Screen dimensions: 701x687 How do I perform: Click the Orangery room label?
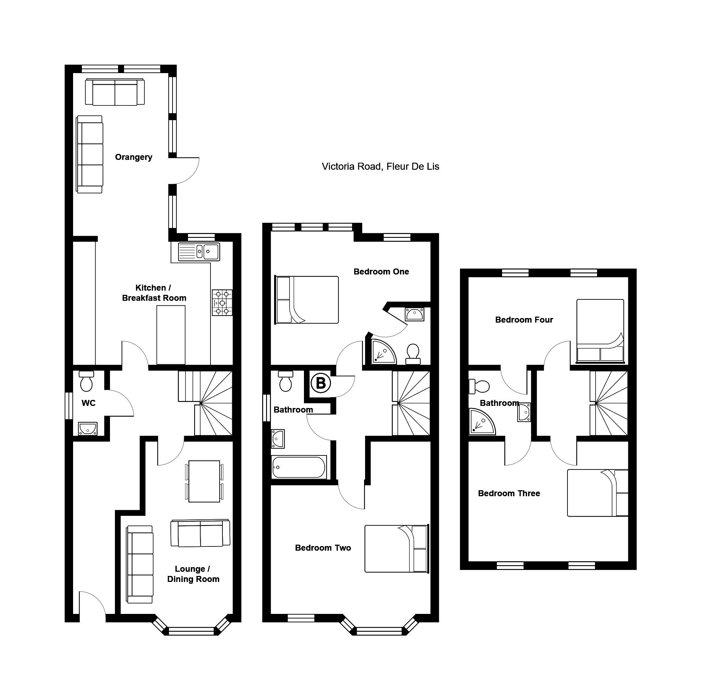(134, 157)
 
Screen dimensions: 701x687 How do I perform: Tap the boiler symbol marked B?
(321, 383)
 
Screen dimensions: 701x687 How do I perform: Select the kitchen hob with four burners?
(222, 303)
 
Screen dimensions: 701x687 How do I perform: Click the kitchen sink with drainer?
(199, 252)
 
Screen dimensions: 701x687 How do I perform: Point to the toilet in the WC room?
(86, 381)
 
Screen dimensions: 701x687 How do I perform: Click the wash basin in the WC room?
(87, 429)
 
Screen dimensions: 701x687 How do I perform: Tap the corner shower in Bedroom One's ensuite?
(383, 351)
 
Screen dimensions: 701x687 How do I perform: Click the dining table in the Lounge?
(204, 481)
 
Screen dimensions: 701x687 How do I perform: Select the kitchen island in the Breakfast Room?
(171, 335)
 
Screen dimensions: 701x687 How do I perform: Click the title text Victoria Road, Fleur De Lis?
(380, 166)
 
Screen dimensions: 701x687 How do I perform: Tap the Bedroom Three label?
(509, 493)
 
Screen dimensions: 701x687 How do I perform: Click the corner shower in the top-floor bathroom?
(482, 421)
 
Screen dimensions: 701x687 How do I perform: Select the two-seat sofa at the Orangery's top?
(115, 92)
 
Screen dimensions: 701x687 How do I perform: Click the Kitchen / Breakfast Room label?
(154, 293)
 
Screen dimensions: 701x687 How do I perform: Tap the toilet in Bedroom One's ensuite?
(413, 354)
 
